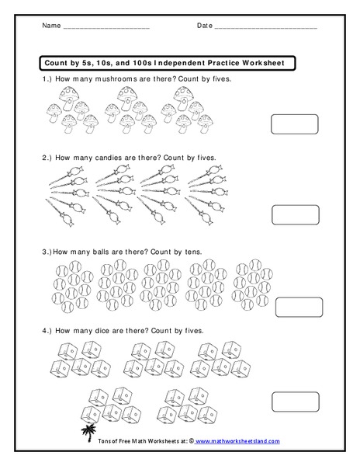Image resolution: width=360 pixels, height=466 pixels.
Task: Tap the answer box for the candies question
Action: click(294, 215)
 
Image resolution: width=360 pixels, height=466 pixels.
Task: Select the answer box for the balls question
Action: click(294, 308)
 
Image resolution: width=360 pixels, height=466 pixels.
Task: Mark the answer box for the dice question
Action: click(294, 401)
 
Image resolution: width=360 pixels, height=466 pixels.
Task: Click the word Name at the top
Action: click(50, 26)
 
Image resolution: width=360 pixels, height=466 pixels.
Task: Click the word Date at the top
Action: click(205, 26)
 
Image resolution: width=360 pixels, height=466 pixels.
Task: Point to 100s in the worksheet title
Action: click(119, 62)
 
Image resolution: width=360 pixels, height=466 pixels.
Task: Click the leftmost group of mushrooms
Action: click(69, 108)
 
